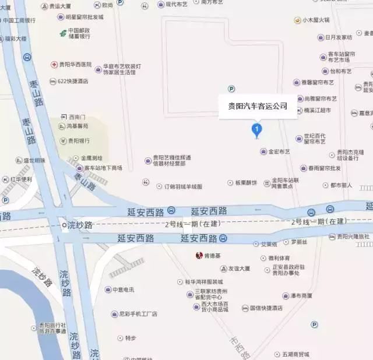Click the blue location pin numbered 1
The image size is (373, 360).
[x=256, y=129]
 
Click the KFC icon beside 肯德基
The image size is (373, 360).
[x=198, y=256]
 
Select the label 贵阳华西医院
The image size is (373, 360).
[x=75, y=64]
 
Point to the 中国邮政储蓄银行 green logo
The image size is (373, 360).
[x=62, y=33]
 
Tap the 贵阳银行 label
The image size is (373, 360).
[x=79, y=140]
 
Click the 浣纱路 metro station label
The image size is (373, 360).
[x=80, y=225]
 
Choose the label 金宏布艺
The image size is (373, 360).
[x=279, y=151]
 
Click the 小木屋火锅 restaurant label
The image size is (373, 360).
[x=315, y=20]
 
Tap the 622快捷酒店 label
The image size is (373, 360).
[x=73, y=81]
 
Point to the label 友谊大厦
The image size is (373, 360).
[x=239, y=269]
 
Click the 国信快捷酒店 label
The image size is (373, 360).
[x=266, y=308]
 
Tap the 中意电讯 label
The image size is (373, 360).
[x=123, y=290]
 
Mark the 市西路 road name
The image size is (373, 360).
[x=240, y=347]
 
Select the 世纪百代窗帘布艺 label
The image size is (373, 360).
[x=314, y=139]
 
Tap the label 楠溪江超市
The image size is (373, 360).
[x=317, y=110]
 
